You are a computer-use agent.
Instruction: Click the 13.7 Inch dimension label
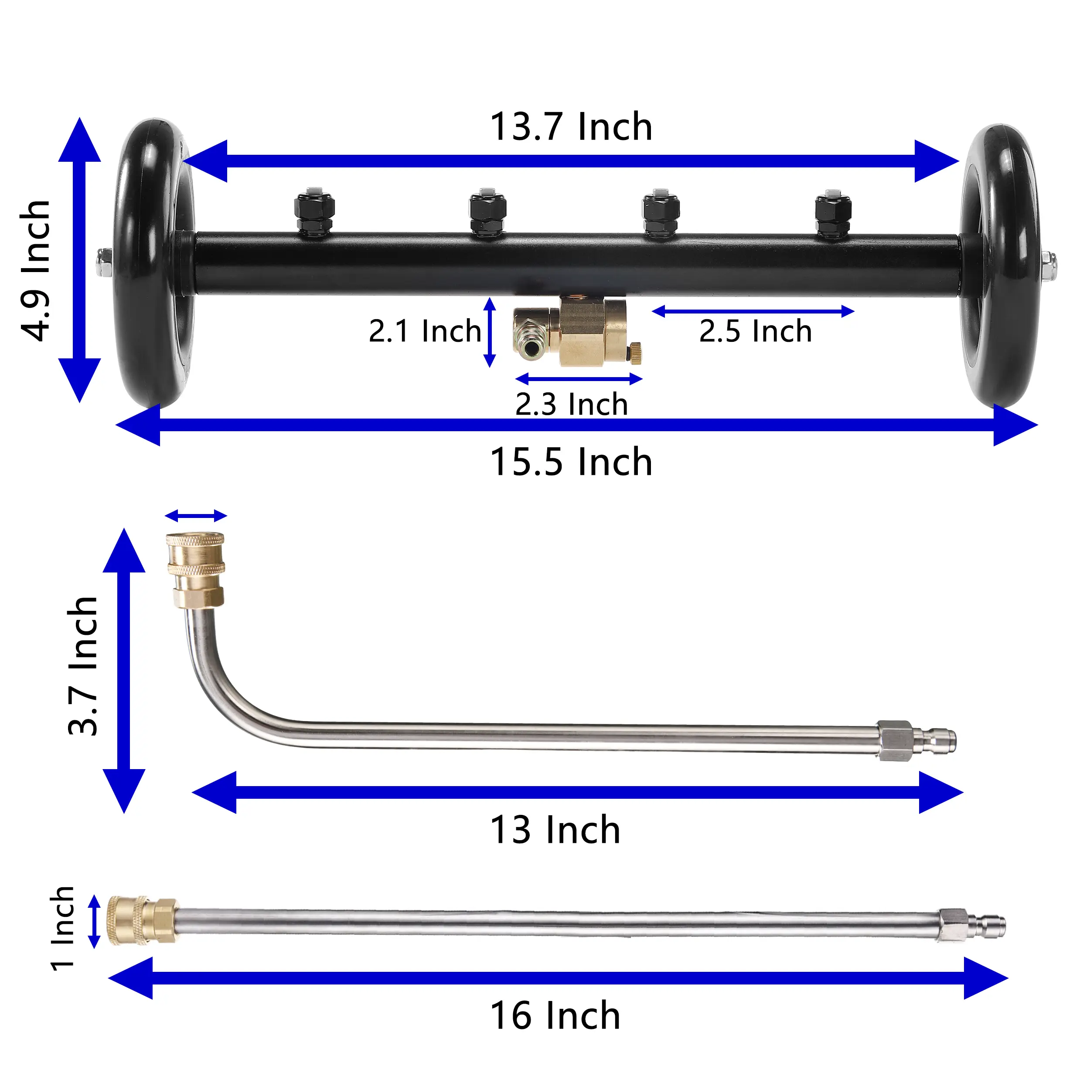point(571,126)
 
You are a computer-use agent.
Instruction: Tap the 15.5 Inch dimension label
point(571,462)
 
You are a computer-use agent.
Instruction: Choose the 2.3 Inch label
point(572,404)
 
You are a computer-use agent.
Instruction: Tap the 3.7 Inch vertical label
point(83,666)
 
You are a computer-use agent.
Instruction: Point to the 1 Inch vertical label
point(62,929)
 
